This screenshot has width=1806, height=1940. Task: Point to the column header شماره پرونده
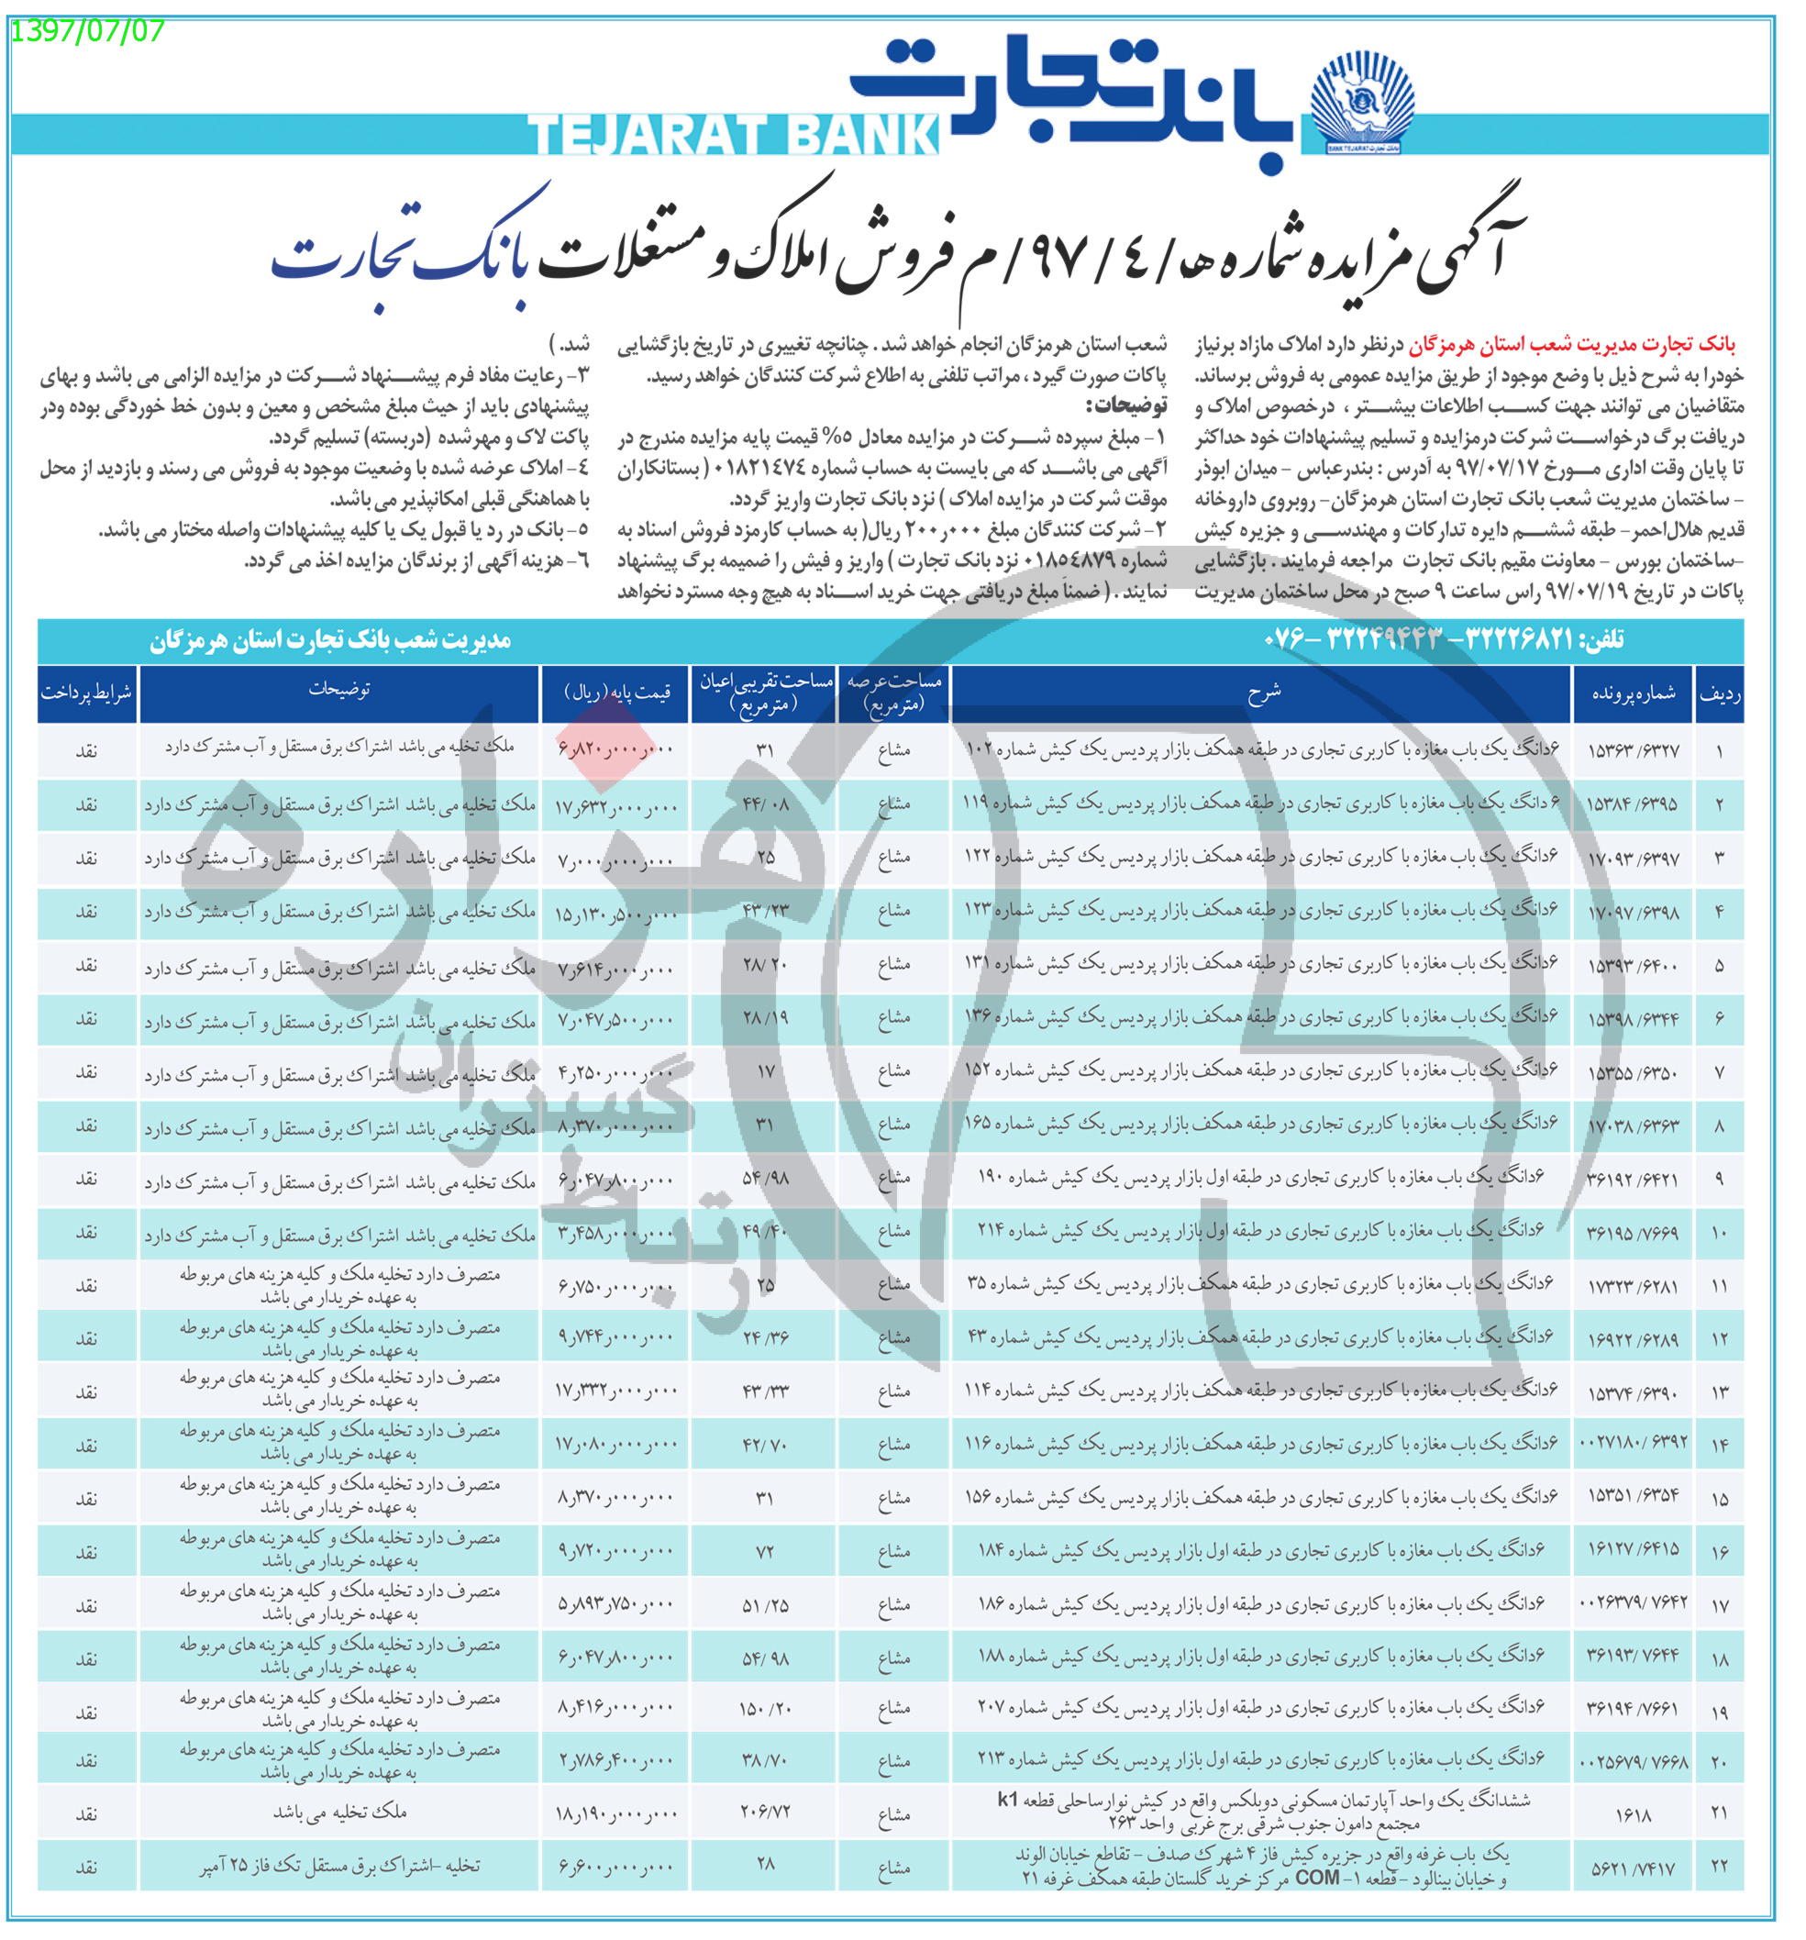point(1633,693)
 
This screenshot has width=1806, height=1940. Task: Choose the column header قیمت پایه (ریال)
point(616,693)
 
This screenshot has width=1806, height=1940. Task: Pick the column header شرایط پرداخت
point(87,692)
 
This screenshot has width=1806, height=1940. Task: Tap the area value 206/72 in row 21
point(764,1813)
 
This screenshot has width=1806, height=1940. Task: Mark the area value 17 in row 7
point(765,1071)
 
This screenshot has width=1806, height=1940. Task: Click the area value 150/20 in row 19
point(764,1709)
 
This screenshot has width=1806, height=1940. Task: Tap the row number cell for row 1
point(1718,751)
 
